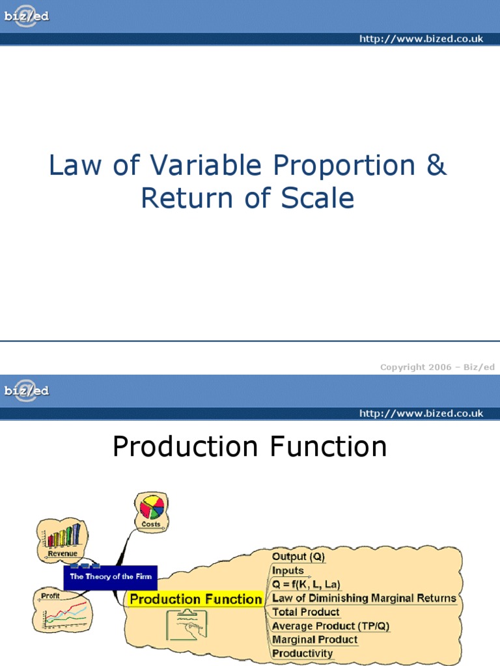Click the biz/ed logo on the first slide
[x=26, y=16]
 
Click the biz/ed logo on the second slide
[x=26, y=391]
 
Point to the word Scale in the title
[x=317, y=198]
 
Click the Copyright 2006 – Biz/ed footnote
[x=437, y=367]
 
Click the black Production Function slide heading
[x=249, y=446]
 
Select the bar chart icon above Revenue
[x=63, y=535]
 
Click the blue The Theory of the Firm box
[x=111, y=578]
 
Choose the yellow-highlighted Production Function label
[x=195, y=599]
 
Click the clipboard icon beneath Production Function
[x=187, y=624]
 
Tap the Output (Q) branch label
[x=298, y=557]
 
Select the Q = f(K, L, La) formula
[x=306, y=585]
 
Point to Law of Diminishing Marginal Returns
[x=364, y=598]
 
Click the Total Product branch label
[x=306, y=612]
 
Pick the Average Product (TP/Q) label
[x=331, y=626]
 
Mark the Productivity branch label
[x=302, y=653]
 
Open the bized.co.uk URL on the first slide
[x=421, y=38]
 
